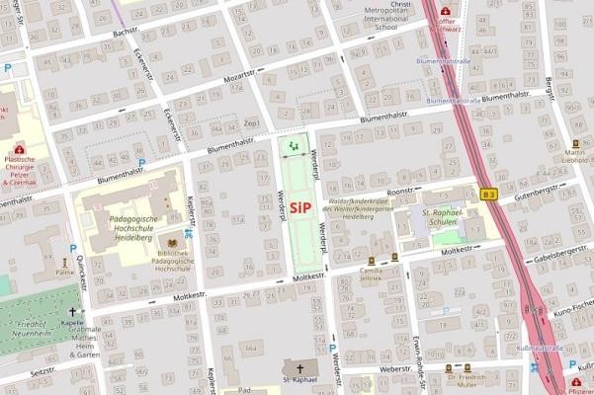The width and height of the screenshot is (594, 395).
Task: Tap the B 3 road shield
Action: click(489, 195)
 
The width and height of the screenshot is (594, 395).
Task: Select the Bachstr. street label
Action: click(126, 32)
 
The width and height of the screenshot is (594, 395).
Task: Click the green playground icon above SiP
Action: click(293, 147)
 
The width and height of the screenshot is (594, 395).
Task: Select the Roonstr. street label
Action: click(399, 192)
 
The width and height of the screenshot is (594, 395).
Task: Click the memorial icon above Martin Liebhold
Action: click(575, 141)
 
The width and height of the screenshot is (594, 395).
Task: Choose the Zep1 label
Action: click(251, 122)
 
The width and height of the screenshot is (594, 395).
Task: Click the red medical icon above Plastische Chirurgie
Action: click(19, 148)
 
